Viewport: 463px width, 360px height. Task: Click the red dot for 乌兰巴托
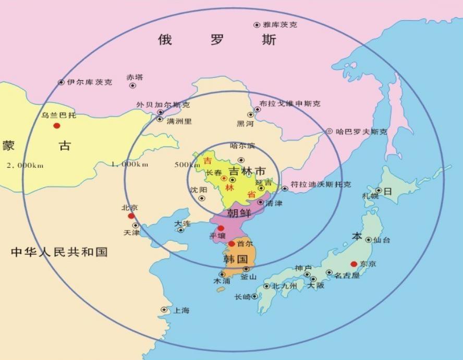[x=56, y=126]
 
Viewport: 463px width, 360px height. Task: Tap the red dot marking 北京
[x=131, y=216]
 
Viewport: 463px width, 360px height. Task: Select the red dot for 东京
[x=354, y=264]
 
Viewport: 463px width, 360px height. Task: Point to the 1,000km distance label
[x=129, y=164]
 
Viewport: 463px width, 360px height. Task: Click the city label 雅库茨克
[x=280, y=24]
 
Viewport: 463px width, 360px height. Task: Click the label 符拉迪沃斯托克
[x=321, y=184]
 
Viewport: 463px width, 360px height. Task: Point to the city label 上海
[x=181, y=311]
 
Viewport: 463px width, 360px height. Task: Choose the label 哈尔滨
[x=242, y=146]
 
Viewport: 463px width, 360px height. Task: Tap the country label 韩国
[x=235, y=259]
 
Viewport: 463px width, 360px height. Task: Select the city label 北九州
[x=284, y=286]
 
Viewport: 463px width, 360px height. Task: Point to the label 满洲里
[x=178, y=121]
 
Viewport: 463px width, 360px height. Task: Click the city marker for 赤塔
[x=133, y=85]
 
